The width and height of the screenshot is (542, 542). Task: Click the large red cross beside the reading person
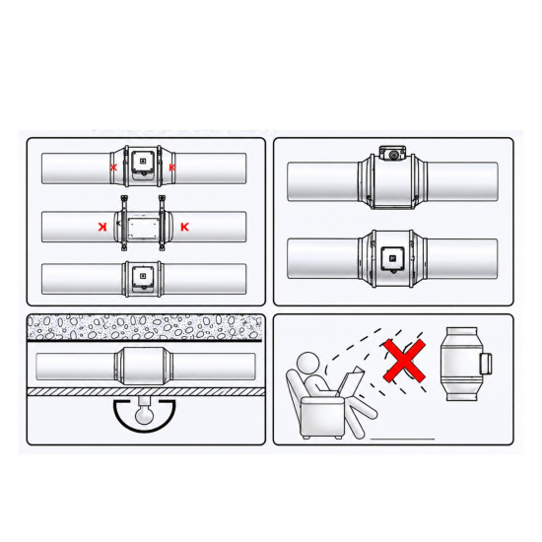click(404, 361)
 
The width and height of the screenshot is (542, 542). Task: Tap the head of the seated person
click(307, 364)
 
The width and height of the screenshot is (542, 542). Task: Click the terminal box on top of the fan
click(392, 153)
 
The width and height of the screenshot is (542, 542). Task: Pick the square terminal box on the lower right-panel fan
click(392, 258)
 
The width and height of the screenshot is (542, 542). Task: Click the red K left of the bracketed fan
click(102, 227)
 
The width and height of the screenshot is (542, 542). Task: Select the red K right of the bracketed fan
click(185, 227)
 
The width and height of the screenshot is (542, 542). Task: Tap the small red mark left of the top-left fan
click(113, 168)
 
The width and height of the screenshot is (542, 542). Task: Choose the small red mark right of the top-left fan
click(172, 168)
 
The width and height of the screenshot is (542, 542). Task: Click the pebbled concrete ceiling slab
click(145, 326)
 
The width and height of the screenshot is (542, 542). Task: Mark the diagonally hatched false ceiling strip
click(146, 391)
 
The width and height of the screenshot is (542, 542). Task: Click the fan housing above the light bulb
click(144, 366)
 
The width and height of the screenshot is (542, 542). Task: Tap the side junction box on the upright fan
click(485, 364)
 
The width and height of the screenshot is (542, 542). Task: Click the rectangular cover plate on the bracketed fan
click(143, 227)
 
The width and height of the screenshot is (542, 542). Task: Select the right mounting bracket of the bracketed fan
click(162, 223)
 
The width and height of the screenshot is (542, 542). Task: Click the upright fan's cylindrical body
click(461, 364)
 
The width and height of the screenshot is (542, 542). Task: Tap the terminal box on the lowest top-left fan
click(143, 277)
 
